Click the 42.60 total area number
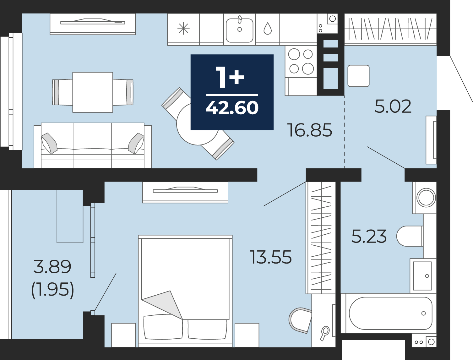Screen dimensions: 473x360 click(x=232, y=108)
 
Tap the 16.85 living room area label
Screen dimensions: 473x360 click(x=310, y=130)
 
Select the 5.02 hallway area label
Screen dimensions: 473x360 click(x=393, y=106)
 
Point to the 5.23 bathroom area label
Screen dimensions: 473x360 click(x=369, y=236)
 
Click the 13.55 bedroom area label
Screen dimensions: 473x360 click(x=270, y=257)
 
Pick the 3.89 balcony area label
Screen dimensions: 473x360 click(x=52, y=267)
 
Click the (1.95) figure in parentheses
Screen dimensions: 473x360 click(x=53, y=289)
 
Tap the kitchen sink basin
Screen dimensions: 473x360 click(x=239, y=30)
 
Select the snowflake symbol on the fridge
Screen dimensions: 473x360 click(x=183, y=29)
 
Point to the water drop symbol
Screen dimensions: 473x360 click(x=268, y=29)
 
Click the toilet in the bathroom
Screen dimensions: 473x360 click(x=410, y=236)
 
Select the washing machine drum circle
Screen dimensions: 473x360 click(x=426, y=198)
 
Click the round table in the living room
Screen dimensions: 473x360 click(x=198, y=124)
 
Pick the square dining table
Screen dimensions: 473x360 click(x=93, y=92)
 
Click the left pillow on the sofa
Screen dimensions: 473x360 click(x=49, y=143)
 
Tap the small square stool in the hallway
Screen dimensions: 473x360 click(x=358, y=76)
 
